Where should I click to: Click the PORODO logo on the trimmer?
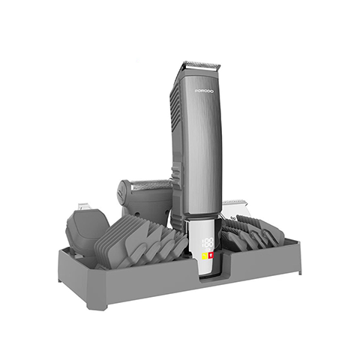coord(205,89)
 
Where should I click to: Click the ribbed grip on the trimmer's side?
coord(175,112)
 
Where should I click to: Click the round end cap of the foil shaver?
coord(121,193)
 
